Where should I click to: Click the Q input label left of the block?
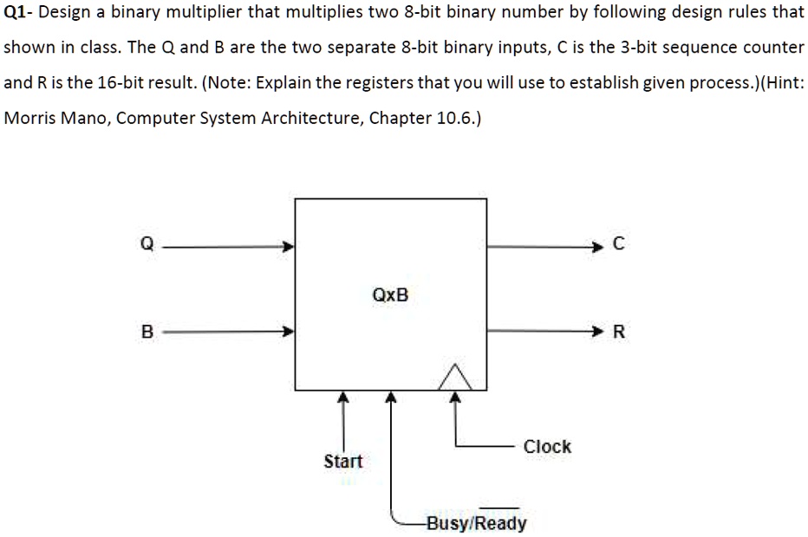coord(147,243)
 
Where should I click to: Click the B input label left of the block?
coord(147,331)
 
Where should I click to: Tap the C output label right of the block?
coord(619,243)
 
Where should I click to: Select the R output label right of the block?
coord(619,331)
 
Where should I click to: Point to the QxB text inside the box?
coord(390,295)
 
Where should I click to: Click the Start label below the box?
coord(343,461)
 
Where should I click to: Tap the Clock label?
coord(547,446)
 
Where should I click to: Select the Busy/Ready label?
coord(477,522)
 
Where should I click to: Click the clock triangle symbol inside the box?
coord(455,378)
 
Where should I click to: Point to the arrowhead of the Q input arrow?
coord(288,246)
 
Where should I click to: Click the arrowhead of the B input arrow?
coord(288,331)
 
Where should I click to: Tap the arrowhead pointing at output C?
coord(596,247)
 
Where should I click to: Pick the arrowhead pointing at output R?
coord(596,331)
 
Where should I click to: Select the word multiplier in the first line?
coord(204,12)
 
